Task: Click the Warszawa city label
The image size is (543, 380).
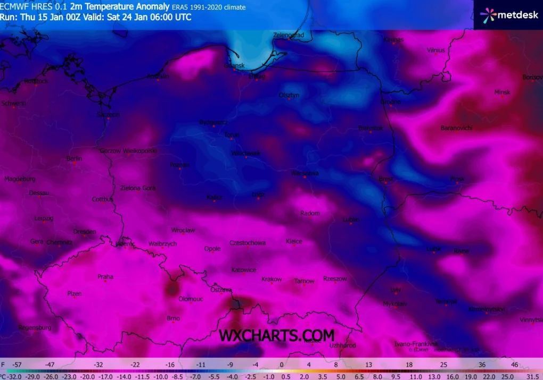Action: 305,173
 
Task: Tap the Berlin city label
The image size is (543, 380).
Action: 74,158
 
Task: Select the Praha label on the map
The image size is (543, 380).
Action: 105,276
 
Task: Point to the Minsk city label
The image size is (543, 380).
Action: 502,92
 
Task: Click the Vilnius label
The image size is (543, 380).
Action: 435,50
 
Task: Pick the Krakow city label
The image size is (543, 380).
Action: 271,279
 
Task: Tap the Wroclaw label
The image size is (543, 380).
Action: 183,230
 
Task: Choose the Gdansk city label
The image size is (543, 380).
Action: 234,65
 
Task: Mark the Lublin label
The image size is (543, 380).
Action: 351,219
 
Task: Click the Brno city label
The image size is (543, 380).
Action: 173,318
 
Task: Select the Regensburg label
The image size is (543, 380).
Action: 35,327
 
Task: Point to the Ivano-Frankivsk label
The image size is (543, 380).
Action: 416,344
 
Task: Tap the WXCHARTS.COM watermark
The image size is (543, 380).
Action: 277,335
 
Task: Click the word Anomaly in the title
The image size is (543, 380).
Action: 153,7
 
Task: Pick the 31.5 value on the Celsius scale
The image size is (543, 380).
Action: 532,376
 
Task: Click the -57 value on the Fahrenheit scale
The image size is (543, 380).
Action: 18,365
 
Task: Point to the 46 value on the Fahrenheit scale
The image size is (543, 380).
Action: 514,365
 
